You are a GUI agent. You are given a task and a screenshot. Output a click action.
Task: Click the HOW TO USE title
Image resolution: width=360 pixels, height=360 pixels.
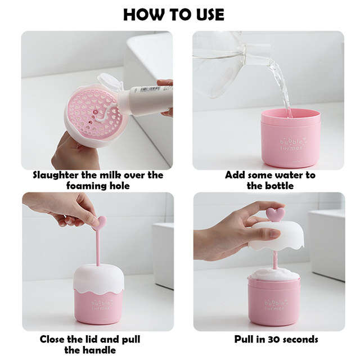[x=174, y=15]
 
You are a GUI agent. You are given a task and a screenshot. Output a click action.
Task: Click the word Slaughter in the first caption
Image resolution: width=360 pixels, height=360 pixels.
[x=56, y=175]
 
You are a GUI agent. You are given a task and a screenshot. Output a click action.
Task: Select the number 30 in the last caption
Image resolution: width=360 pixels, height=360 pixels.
[x=272, y=339]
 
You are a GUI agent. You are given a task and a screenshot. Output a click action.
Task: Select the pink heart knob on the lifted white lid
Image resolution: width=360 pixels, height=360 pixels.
[x=276, y=214]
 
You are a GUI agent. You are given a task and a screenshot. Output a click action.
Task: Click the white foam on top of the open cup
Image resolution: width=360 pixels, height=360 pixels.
[x=274, y=274]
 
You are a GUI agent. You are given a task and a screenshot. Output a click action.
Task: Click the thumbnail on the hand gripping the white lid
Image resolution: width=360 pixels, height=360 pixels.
[x=274, y=234]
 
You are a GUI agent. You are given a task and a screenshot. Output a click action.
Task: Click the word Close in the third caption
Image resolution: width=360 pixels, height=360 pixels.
[x=52, y=339]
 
